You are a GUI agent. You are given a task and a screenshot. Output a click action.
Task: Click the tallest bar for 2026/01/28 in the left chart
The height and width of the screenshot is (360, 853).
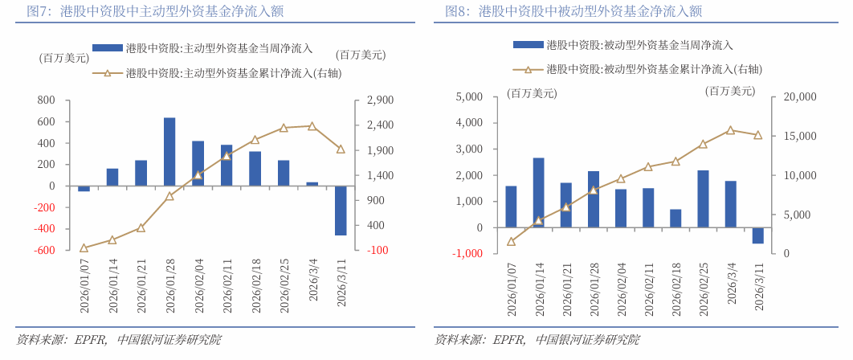[x=169, y=152]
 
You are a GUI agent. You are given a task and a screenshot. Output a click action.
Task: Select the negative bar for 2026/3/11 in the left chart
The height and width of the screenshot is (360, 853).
[x=341, y=211]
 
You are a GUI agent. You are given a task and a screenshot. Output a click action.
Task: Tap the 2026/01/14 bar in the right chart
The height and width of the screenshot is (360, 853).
[x=539, y=193]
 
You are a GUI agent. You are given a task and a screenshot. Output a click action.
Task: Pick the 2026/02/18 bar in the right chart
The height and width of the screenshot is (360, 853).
[x=675, y=219]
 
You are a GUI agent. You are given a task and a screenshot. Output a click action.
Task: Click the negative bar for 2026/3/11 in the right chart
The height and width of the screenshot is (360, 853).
[x=757, y=235]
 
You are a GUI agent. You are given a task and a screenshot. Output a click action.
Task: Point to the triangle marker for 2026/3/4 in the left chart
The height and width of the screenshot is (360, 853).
[x=312, y=126]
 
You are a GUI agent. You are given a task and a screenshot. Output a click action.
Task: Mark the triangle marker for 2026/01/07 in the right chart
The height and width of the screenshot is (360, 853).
[x=512, y=241]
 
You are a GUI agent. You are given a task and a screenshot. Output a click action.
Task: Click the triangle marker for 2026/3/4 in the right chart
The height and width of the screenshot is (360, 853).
[x=730, y=130]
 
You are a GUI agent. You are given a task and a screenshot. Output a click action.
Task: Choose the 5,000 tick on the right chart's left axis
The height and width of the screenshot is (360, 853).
[x=468, y=97]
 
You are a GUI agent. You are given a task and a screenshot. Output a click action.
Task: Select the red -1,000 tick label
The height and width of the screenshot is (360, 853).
[x=467, y=254]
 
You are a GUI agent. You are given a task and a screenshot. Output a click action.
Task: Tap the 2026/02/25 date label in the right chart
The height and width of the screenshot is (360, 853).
[x=704, y=288]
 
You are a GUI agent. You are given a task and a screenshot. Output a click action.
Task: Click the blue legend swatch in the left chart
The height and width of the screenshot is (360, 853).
[x=108, y=49]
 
